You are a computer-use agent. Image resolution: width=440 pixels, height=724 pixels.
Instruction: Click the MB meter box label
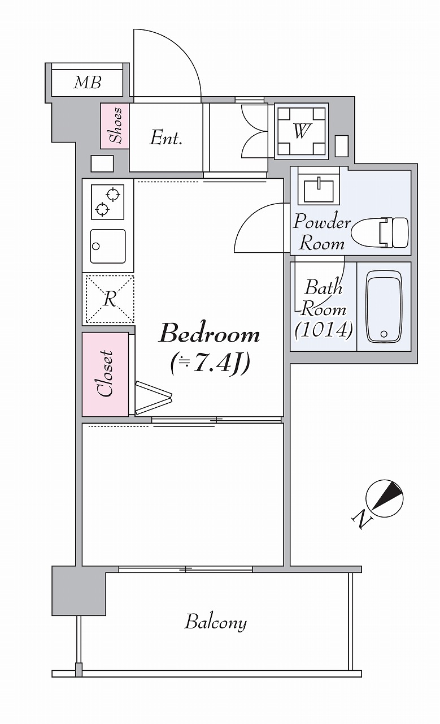[x=88, y=83]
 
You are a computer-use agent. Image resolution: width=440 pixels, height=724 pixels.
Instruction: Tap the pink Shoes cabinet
[x=115, y=126]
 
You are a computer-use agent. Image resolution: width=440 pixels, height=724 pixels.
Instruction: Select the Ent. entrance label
[x=165, y=138]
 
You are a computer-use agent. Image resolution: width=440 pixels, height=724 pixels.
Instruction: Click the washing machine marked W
[x=301, y=131]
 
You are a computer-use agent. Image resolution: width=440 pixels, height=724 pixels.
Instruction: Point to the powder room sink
[x=319, y=188]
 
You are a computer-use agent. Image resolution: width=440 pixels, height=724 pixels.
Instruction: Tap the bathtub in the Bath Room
[x=384, y=307]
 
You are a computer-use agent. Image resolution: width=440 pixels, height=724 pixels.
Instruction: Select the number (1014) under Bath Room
[x=324, y=330]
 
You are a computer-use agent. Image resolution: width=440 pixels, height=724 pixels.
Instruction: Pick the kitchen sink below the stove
[x=108, y=246]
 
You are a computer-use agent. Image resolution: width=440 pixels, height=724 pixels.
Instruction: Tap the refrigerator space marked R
[x=110, y=299]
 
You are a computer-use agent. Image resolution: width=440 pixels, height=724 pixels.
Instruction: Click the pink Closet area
[x=105, y=374]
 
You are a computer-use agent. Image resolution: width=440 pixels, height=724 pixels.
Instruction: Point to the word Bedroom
[x=210, y=334]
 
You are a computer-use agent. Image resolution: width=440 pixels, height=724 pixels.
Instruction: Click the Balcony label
[x=215, y=622]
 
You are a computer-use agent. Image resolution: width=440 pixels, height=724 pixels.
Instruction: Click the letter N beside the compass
[x=362, y=520]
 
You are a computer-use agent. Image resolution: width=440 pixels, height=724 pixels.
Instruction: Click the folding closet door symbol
[x=153, y=398]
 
